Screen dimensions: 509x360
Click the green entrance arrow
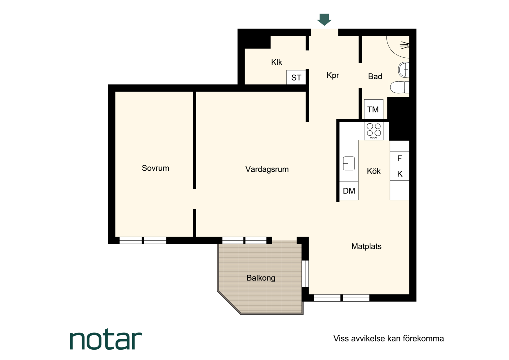[324, 19]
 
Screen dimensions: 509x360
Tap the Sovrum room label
[156, 168]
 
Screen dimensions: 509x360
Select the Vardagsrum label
[267, 169]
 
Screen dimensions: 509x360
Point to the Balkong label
[261, 278]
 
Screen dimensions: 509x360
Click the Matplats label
[366, 246]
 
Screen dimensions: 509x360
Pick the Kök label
[373, 171]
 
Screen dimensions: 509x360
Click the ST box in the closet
[296, 77]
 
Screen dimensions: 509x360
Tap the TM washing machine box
[373, 109]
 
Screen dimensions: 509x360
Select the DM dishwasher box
[349, 191]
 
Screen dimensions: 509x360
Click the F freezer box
[399, 158]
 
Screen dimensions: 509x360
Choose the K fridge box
[399, 174]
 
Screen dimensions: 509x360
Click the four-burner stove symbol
[373, 131]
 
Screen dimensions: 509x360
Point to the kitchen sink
[349, 163]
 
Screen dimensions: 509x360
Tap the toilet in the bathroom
[400, 87]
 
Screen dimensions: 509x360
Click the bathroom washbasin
[404, 69]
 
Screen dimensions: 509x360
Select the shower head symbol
[404, 45]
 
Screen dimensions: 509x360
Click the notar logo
[106, 340]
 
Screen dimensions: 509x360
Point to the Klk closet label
[276, 62]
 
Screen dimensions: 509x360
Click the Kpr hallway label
[333, 75]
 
